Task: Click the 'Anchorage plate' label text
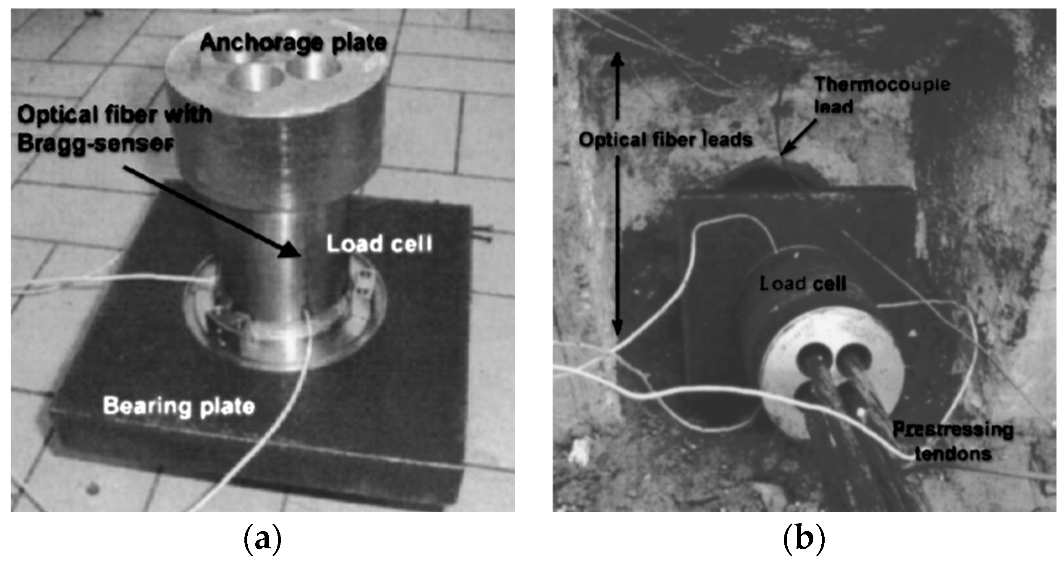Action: [294, 43]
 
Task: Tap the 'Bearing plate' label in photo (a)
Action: [179, 406]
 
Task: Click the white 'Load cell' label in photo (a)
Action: [379, 244]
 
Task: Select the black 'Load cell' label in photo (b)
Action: [802, 284]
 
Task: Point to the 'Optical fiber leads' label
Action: [666, 140]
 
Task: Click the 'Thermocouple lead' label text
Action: [882, 95]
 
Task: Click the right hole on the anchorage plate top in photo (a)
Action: [313, 67]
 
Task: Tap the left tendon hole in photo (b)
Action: [815, 358]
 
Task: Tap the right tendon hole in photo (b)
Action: [852, 358]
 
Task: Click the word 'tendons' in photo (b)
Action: [953, 454]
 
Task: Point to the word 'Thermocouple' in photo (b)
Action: [882, 85]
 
